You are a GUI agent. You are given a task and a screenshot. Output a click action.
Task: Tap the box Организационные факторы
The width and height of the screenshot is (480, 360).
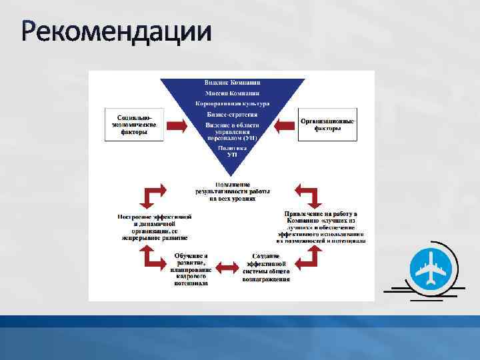point(327,124)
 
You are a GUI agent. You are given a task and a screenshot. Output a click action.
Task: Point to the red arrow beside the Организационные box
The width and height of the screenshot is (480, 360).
point(284,125)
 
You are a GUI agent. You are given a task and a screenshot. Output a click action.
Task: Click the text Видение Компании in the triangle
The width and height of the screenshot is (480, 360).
point(232,82)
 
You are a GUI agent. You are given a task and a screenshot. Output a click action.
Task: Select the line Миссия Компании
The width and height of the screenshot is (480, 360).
point(232,93)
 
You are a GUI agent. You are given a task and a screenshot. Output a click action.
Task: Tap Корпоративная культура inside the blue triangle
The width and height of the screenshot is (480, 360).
point(232,104)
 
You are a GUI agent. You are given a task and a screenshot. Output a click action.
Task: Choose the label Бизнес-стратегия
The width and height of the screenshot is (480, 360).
point(232,115)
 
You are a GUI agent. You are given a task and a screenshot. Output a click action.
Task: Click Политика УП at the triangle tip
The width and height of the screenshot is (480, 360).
point(232,151)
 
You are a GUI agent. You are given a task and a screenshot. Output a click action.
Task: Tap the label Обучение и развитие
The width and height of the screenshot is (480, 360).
point(191,269)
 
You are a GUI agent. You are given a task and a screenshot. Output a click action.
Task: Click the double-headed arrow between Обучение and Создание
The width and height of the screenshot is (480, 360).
point(229,267)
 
